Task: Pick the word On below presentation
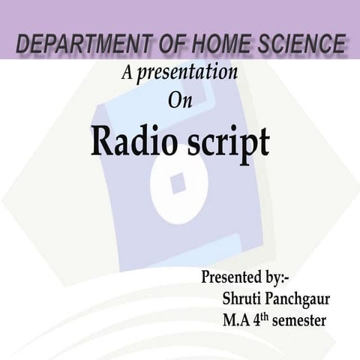click(x=180, y=100)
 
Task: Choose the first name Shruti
click(x=241, y=299)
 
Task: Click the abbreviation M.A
click(x=237, y=321)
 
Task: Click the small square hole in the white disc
click(x=178, y=182)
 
